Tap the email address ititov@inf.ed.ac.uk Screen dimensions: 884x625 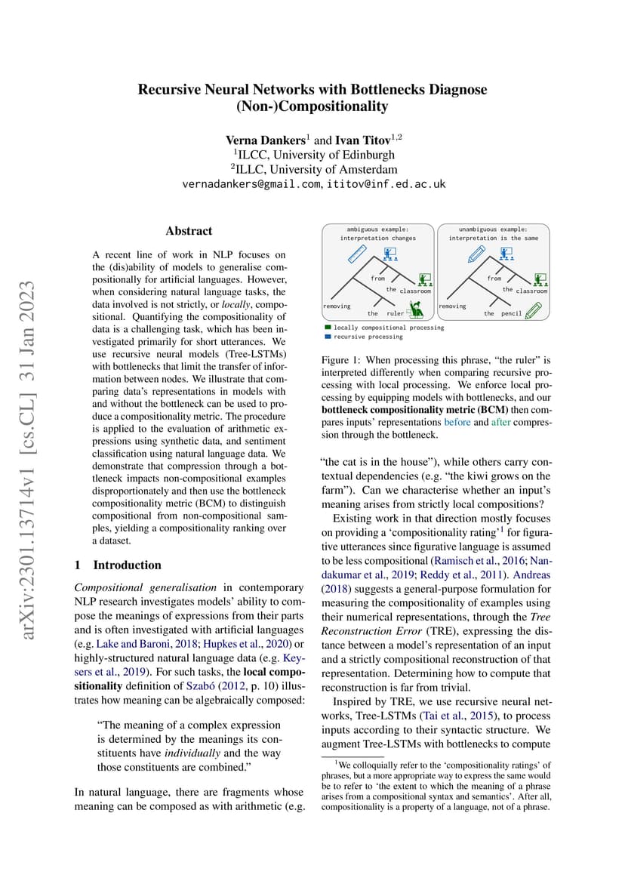pos(386,184)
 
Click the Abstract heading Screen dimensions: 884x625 pos(189,231)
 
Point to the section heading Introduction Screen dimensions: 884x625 pos(127,565)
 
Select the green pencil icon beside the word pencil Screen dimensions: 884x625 pos(533,310)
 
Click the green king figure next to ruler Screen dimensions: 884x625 pos(414,309)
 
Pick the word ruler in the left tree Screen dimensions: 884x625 pos(395,313)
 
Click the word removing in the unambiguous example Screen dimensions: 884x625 pos(452,306)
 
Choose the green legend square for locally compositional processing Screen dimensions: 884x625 pos(328,328)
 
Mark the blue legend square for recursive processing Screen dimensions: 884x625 pos(328,336)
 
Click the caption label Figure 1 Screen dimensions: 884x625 pos(343,361)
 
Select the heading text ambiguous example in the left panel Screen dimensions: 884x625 pos(377,229)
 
